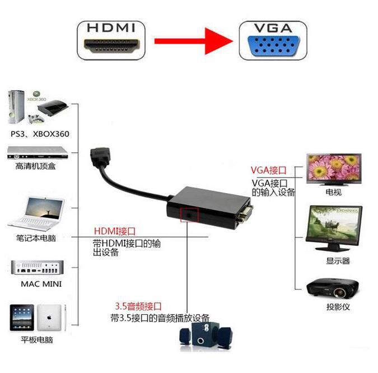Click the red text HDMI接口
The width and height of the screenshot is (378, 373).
pos(115,230)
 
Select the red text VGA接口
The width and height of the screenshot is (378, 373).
pos(268,170)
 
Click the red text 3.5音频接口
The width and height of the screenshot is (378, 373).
pos(138,306)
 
